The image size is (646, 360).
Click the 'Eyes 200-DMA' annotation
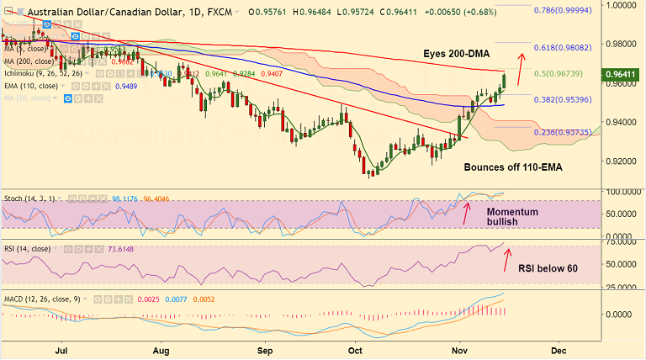pyautogui.click(x=458, y=53)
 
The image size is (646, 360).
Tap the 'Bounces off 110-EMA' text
pyautogui.click(x=512, y=167)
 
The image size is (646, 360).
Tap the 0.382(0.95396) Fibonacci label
pyautogui.click(x=567, y=99)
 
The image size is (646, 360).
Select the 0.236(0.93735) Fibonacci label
pyautogui.click(x=565, y=132)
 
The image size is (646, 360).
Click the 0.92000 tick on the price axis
pyautogui.click(x=620, y=161)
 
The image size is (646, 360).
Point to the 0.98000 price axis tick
pyautogui.click(x=620, y=44)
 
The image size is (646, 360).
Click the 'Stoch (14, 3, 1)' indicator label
pyautogui.click(x=27, y=198)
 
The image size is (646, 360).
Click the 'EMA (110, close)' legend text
pyautogui.click(x=31, y=86)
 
